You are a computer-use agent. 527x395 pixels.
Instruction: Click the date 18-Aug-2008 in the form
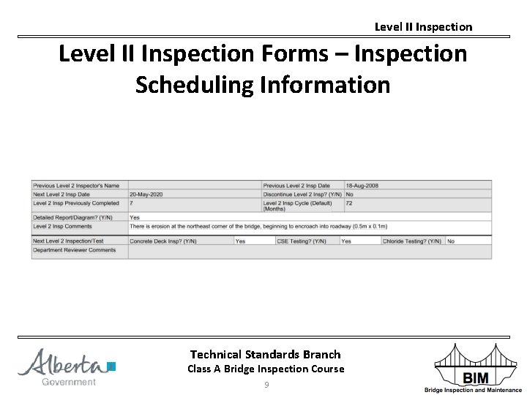click(362, 186)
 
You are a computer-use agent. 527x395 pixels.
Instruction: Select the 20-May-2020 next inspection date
click(146, 195)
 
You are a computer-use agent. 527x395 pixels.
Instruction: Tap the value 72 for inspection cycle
click(349, 203)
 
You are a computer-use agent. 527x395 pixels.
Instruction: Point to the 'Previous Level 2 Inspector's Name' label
click(76, 186)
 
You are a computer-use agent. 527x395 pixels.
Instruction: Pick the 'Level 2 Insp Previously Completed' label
click(76, 203)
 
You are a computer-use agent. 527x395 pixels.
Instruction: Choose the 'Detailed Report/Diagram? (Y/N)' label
click(73, 217)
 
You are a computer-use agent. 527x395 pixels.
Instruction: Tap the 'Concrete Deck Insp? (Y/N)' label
click(163, 241)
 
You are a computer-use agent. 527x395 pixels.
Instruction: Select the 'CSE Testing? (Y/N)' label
click(302, 241)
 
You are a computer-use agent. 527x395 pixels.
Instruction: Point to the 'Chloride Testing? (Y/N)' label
click(412, 241)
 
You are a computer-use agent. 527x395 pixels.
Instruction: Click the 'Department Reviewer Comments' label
click(75, 250)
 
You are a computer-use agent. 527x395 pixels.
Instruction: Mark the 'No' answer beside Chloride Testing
click(451, 241)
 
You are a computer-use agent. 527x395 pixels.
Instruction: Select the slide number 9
click(266, 385)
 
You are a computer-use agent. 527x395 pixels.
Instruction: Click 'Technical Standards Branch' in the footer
click(265, 354)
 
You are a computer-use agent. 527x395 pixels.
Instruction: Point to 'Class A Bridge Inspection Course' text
click(265, 369)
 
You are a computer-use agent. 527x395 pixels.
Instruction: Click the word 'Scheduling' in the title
click(193, 85)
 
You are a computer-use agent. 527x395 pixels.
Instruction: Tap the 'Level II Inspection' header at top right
click(423, 27)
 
